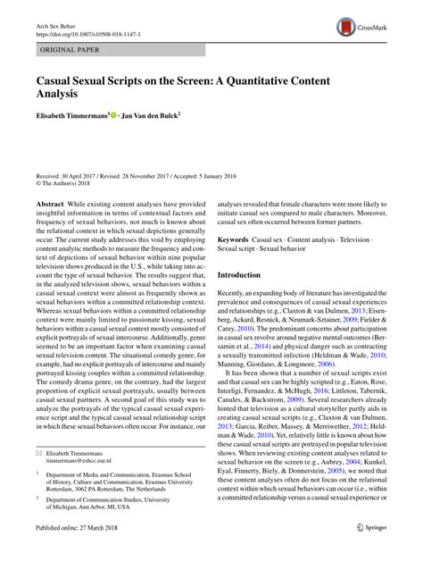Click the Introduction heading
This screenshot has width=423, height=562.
tap(248, 275)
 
